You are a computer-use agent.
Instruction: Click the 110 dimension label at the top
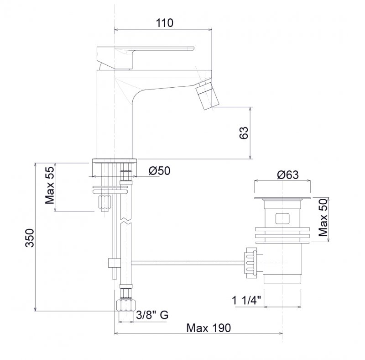coord(164,23)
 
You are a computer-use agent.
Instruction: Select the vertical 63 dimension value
coord(244,133)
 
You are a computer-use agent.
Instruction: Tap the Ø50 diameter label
coord(159,171)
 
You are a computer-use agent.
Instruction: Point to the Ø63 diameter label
coord(288,175)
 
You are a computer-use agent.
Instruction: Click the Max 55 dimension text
coord(50,185)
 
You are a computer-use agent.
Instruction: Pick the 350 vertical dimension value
coord(30,238)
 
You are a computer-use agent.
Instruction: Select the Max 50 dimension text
coord(323,218)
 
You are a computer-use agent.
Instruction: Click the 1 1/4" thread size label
coord(247,301)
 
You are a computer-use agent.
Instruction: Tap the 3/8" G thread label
coord(152,315)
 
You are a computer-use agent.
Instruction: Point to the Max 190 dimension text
coord(209,328)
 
